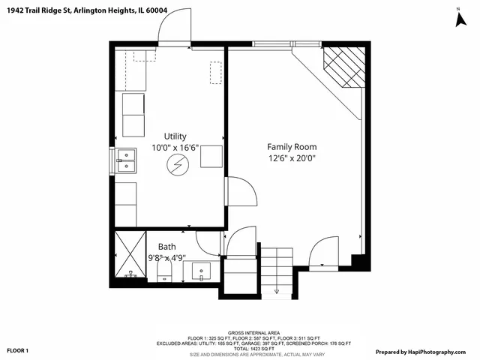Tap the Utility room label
[169, 136]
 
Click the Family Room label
[292, 147]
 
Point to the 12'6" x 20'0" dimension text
[292, 158]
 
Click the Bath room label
[167, 246]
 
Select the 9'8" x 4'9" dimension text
[166, 258]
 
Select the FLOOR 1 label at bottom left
[18, 350]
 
